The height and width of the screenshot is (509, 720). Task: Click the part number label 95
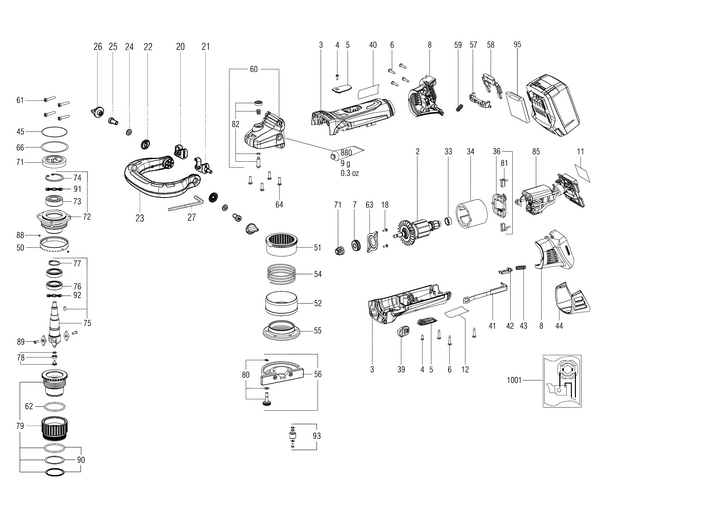517,45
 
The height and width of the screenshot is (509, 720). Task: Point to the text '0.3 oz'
349,174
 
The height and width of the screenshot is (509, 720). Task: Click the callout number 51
317,248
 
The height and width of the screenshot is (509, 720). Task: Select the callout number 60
253,69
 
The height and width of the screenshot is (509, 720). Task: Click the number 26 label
98,46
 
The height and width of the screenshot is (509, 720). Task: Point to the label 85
535,151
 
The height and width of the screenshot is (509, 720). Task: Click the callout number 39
400,369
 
